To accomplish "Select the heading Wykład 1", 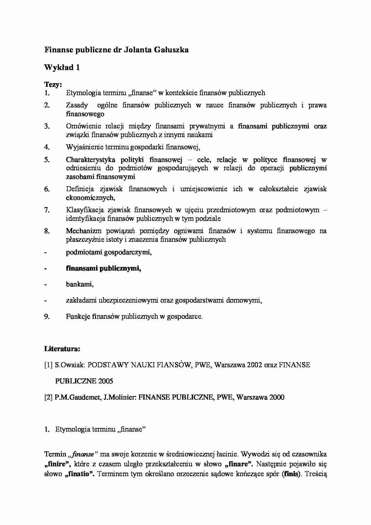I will click(x=62, y=68).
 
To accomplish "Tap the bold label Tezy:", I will click(x=53, y=84).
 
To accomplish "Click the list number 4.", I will click(x=47, y=147).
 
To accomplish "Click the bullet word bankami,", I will click(x=80, y=284).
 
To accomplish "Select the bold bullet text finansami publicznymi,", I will click(x=104, y=268).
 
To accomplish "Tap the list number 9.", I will click(x=47, y=317).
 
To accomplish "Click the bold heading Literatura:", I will click(x=62, y=349).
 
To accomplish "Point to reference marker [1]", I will click(x=48, y=365).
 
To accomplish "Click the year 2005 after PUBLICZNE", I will click(x=105, y=381).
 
